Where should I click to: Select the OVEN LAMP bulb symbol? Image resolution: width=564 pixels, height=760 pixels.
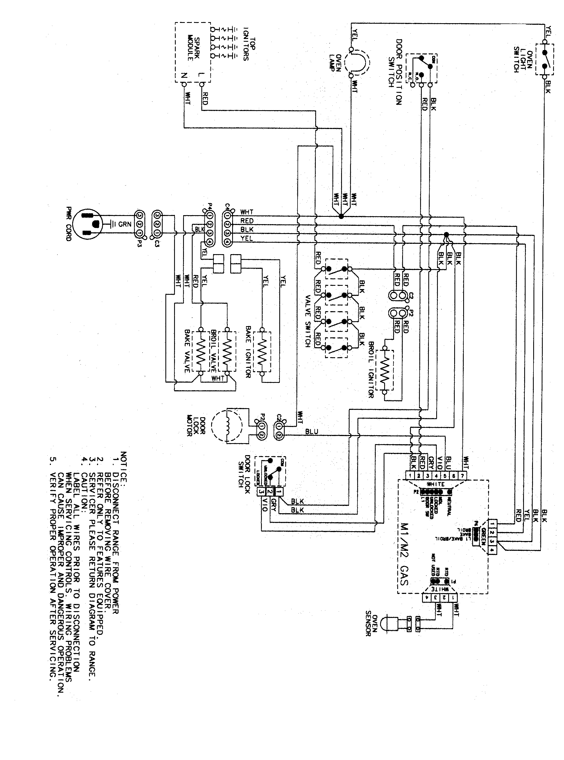[357, 62]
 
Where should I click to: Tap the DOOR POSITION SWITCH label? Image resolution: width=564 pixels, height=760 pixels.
[395, 71]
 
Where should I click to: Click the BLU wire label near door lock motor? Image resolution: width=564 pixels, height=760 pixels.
[311, 432]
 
